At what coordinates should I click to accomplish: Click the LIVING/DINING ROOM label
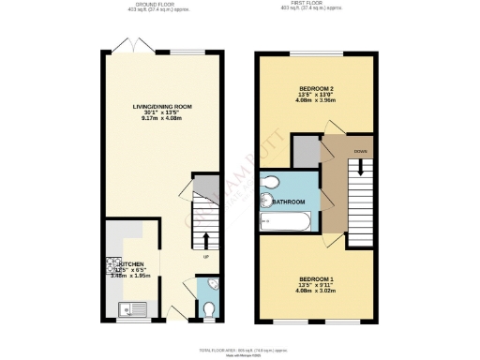(x=162, y=107)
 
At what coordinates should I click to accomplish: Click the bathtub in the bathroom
(x=285, y=222)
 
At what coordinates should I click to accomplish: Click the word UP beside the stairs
(x=205, y=255)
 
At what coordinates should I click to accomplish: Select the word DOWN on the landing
(x=361, y=150)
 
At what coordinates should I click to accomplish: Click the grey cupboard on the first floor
(x=306, y=150)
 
